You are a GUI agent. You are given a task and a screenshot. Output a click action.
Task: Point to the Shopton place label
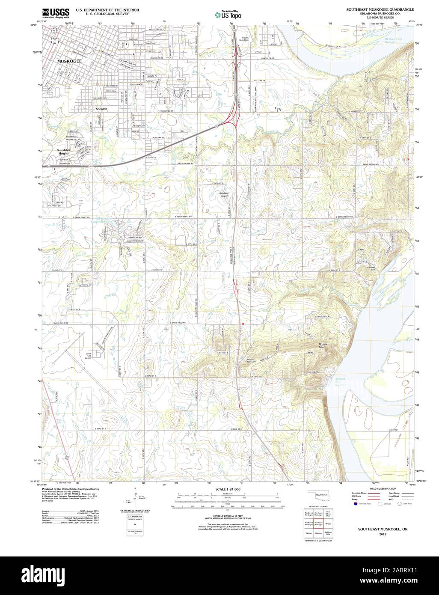[101, 110]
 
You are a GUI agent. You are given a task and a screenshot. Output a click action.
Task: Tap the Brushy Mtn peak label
[323, 345]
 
